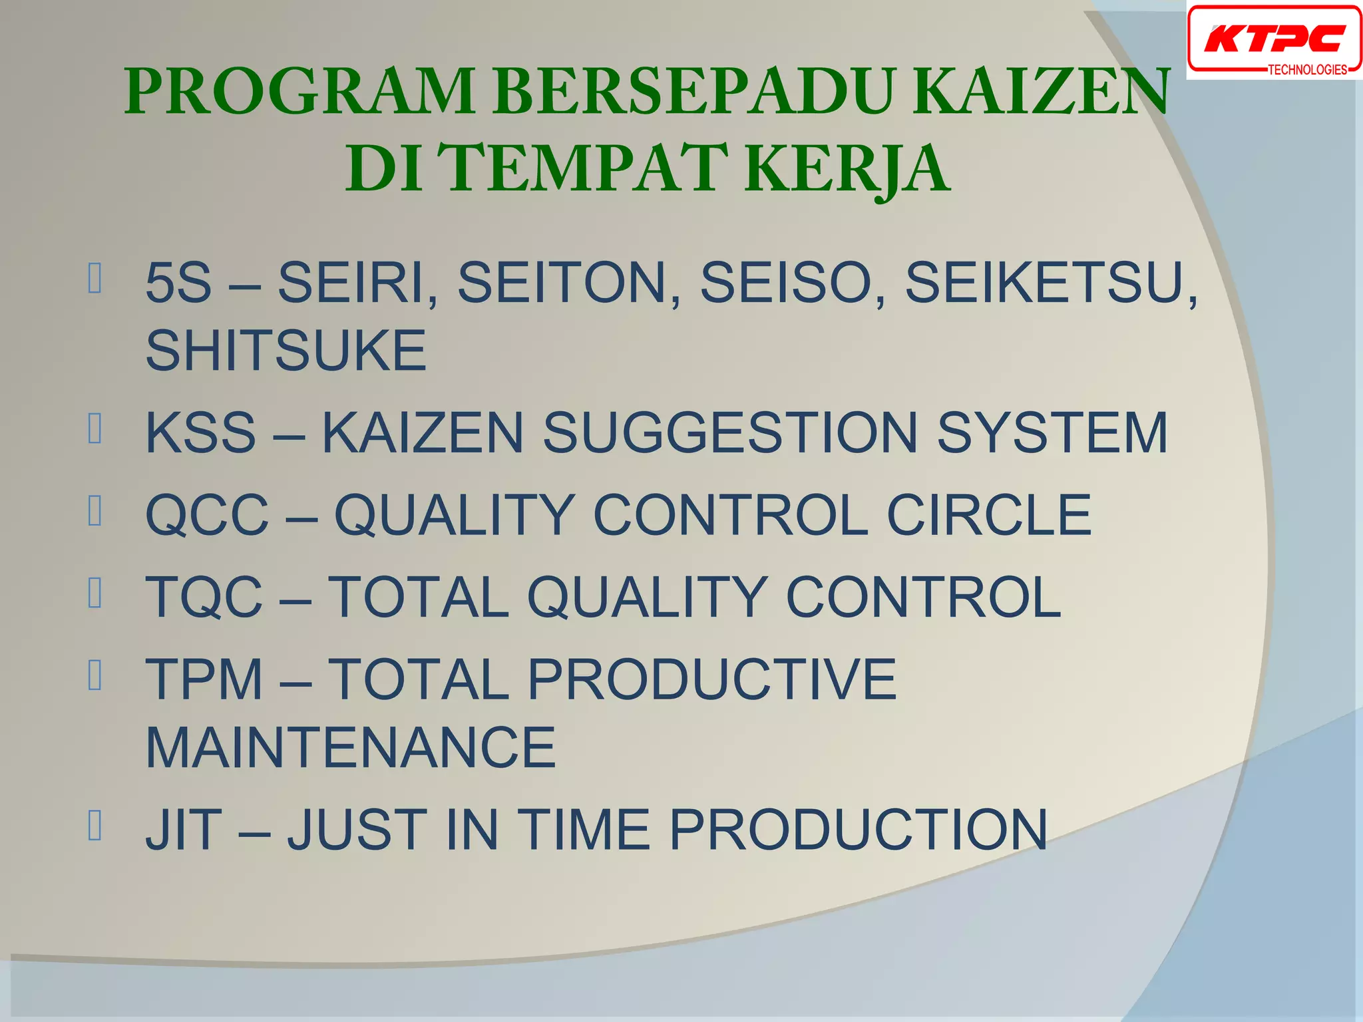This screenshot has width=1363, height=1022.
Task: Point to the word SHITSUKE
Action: point(286,351)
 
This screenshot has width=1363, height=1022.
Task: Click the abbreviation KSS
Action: point(200,433)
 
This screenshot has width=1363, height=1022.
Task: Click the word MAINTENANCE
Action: point(351,748)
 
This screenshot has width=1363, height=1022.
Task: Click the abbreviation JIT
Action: point(184,830)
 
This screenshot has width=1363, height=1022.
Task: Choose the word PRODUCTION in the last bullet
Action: point(858,830)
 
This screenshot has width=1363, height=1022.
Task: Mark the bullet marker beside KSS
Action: point(95,428)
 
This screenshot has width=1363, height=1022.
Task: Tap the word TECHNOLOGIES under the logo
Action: point(1307,70)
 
